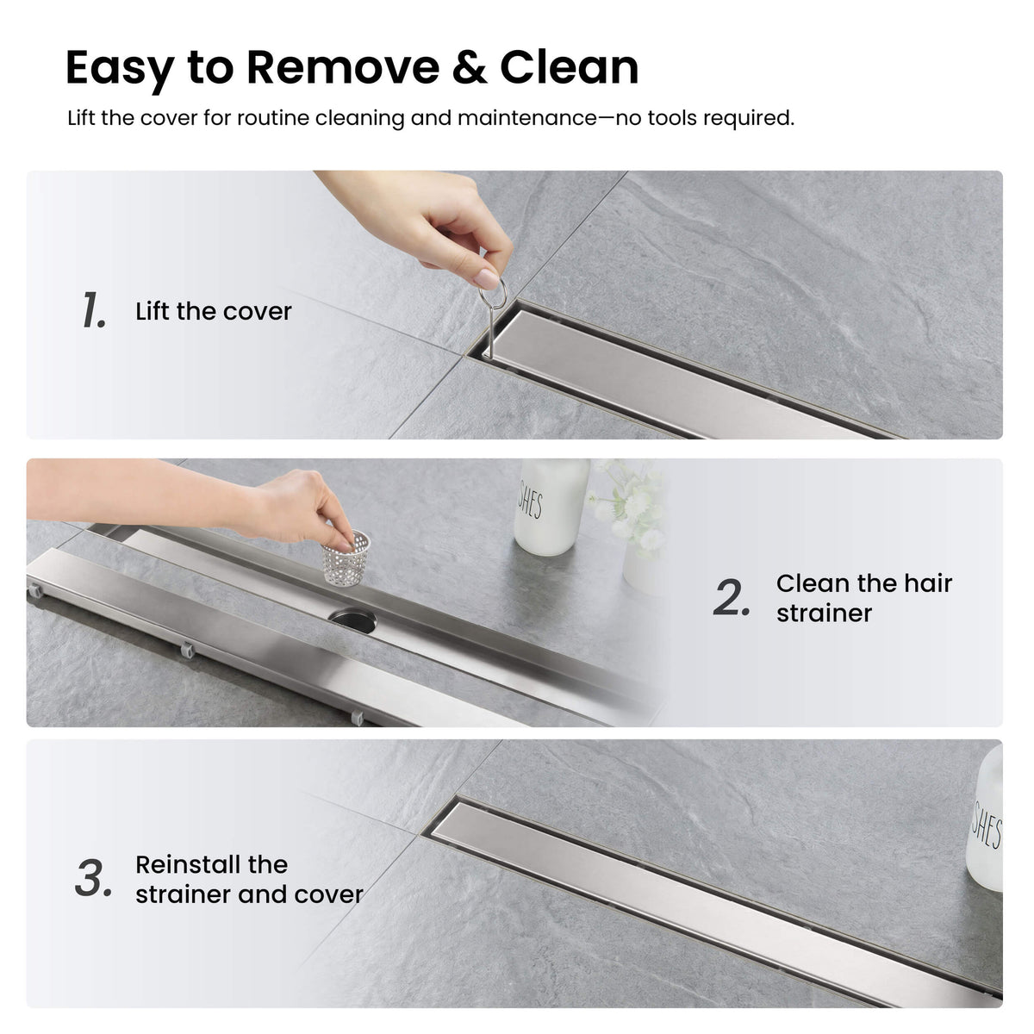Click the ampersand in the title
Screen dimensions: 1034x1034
tap(470, 67)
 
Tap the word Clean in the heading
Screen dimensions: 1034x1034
tap(569, 67)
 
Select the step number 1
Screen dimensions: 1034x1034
tap(93, 309)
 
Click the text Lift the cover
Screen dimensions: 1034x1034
tap(214, 311)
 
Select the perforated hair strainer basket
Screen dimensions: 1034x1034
tap(346, 558)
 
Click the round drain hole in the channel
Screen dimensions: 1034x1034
tap(352, 620)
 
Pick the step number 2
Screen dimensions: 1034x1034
tap(731, 598)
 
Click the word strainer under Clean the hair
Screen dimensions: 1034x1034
tap(825, 614)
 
